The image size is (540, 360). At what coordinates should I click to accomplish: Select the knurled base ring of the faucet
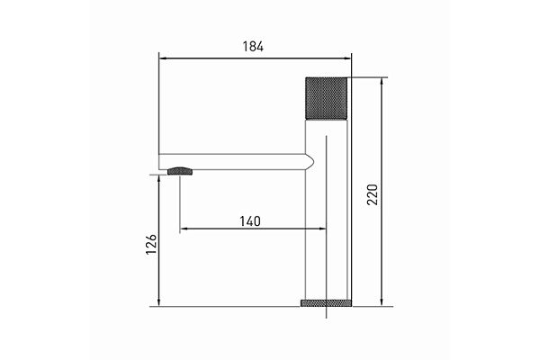click(x=325, y=304)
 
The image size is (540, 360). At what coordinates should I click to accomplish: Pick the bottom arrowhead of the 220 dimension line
click(x=383, y=305)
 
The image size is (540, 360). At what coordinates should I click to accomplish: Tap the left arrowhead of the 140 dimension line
click(x=184, y=230)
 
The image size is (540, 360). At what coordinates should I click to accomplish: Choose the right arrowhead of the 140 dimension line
click(x=320, y=230)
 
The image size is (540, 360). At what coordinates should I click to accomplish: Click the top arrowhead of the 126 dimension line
click(x=160, y=177)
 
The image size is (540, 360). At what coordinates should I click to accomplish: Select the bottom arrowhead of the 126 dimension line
click(x=160, y=305)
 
